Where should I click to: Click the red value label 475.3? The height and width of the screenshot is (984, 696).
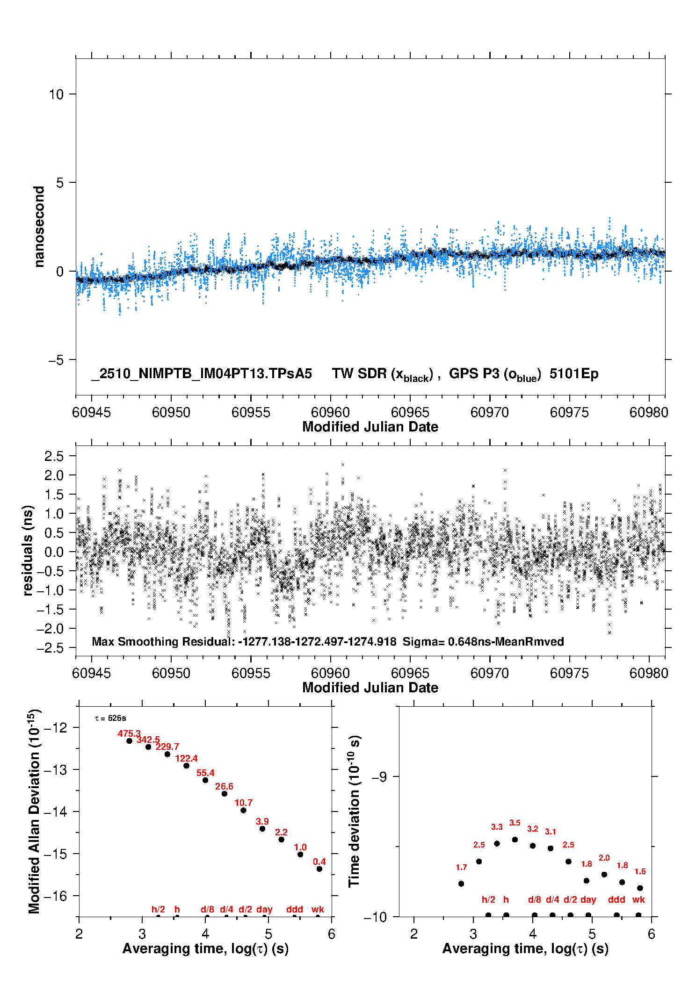(x=129, y=733)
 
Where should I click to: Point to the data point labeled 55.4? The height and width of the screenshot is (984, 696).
(x=205, y=780)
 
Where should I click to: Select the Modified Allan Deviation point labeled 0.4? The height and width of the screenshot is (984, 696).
(x=319, y=869)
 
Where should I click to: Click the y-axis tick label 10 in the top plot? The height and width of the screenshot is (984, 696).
(x=56, y=94)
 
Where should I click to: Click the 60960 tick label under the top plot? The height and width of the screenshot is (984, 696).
(x=330, y=412)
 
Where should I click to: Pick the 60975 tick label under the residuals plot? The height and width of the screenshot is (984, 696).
(x=569, y=673)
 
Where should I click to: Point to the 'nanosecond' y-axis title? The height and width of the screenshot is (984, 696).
(x=39, y=227)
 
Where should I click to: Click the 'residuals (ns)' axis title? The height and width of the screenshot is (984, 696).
(x=28, y=550)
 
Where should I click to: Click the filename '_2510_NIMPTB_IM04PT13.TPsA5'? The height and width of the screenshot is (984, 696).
(x=202, y=373)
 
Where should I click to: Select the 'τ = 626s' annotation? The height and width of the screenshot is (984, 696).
(x=110, y=718)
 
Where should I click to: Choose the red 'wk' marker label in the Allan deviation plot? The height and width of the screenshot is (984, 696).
(x=318, y=909)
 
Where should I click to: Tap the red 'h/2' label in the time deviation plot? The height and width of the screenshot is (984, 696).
(x=488, y=899)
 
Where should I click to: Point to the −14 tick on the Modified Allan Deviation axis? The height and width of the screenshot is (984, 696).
(x=55, y=812)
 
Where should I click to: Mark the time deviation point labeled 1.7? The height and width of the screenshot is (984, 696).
(x=461, y=883)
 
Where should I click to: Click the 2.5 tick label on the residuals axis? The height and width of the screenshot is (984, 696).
(x=54, y=456)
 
